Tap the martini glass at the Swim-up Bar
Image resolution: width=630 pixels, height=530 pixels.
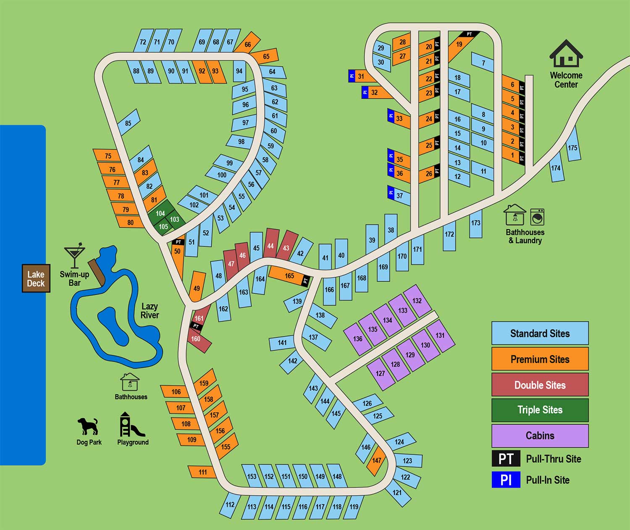pos(75,255)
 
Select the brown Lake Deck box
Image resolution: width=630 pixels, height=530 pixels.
pos(36,278)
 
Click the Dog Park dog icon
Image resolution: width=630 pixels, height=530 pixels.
pos(88,426)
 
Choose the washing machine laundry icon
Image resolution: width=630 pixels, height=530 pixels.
pos(537,217)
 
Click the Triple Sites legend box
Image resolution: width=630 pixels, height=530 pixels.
pos(540,410)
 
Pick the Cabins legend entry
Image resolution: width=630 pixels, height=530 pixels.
pos(540,436)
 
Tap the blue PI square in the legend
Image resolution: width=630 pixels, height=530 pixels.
pos(506,480)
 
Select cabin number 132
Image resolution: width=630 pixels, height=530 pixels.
pos(417,301)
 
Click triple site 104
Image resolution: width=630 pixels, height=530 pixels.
pos(160,213)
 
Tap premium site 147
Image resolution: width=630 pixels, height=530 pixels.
pos(377,461)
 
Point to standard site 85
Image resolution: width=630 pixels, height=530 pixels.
pos(128,122)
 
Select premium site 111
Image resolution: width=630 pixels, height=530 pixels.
pos(202,472)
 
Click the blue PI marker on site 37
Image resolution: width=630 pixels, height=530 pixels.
pos(391,192)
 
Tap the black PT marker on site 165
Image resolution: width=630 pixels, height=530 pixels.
pos(305,281)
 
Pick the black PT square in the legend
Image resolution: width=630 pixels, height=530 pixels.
pos(506,459)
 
